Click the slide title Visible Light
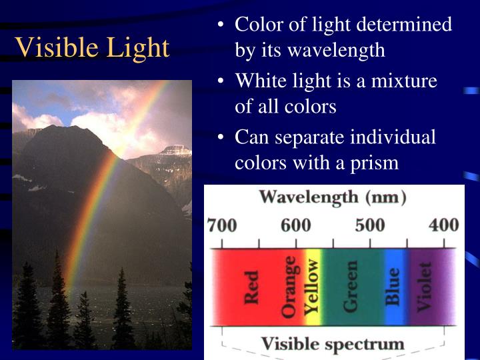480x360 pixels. coord(92,47)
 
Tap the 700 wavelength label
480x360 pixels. coord(222,225)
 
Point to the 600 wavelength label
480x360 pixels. coord(295,225)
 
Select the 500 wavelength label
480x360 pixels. coord(369,225)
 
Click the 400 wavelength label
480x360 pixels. coord(443,225)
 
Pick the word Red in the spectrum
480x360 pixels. coord(251,287)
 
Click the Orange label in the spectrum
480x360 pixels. coord(289,287)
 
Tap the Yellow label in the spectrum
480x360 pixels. coord(311,287)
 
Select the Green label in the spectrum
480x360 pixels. coord(350,287)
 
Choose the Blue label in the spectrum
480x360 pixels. coord(393,287)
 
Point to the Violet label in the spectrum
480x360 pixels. coord(425,287)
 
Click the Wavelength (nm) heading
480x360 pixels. coord(333,197)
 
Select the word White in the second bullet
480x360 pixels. coord(260,82)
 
